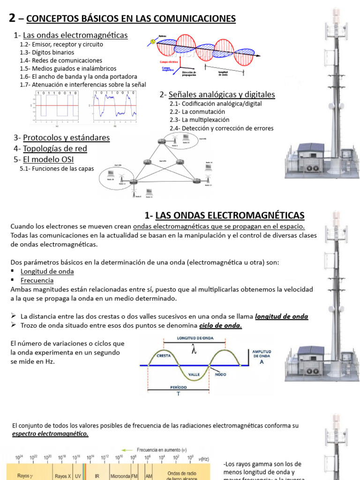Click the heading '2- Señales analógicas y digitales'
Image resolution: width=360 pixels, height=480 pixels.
point(217,95)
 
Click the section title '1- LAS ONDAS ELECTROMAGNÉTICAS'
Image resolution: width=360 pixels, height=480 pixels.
point(225,215)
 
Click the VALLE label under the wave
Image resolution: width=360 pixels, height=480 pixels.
point(195,375)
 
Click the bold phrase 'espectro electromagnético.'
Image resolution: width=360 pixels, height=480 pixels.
point(50,434)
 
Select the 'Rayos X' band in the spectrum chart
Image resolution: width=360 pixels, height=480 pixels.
point(63,476)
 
